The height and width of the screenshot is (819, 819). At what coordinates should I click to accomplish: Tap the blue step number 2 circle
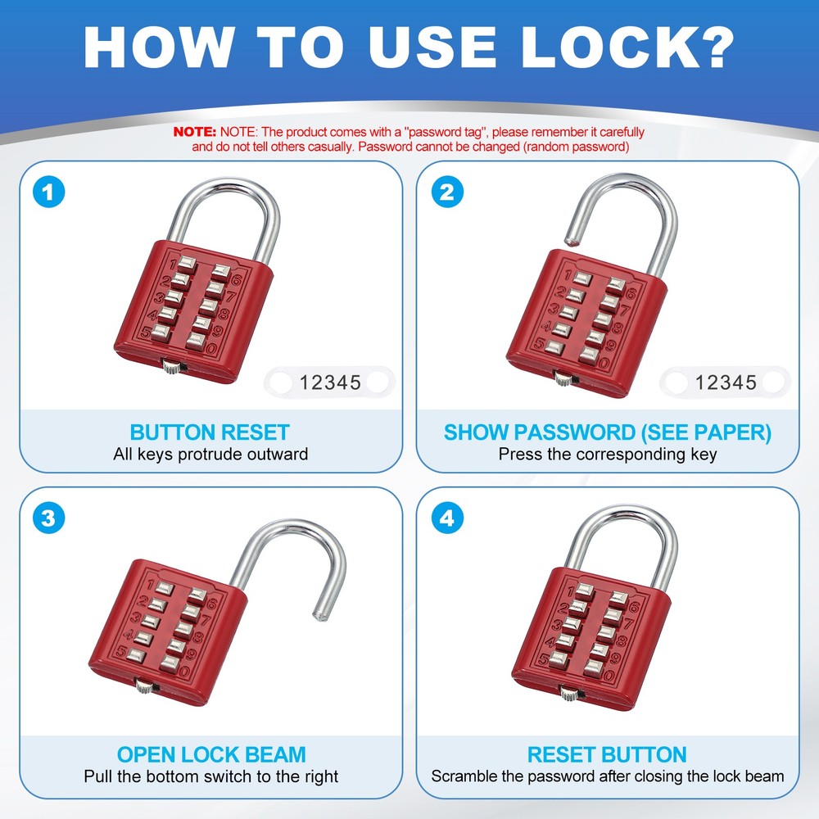pyautogui.click(x=447, y=192)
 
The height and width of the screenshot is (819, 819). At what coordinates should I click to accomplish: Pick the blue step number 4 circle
pyautogui.click(x=447, y=518)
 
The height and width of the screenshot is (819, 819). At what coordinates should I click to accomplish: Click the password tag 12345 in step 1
pyautogui.click(x=330, y=382)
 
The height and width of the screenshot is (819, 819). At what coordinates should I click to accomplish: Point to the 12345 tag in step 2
pyautogui.click(x=726, y=382)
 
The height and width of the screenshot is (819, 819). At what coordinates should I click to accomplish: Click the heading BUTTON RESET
pyautogui.click(x=210, y=432)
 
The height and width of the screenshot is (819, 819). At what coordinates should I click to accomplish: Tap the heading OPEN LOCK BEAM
pyautogui.click(x=210, y=754)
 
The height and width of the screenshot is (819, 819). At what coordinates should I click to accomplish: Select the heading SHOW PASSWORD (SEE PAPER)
pyautogui.click(x=608, y=432)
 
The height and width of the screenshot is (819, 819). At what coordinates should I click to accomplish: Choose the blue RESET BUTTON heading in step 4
pyautogui.click(x=608, y=754)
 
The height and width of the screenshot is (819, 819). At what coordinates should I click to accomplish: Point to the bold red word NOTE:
pyautogui.click(x=195, y=132)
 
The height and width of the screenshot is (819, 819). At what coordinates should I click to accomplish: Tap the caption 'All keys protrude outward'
pyautogui.click(x=210, y=454)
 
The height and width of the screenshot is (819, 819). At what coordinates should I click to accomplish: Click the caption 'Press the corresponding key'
pyautogui.click(x=608, y=454)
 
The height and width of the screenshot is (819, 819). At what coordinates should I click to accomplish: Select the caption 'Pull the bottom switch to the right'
pyautogui.click(x=210, y=776)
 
